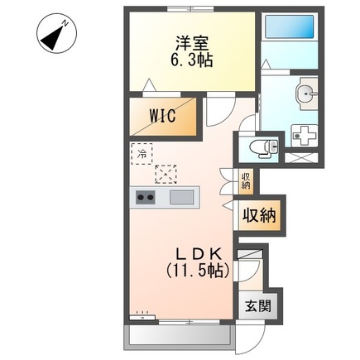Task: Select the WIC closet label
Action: point(161,117)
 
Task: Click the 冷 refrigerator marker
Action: point(142,153)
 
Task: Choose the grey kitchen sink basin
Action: point(182,198)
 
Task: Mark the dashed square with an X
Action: point(166,174)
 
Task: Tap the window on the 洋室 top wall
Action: point(191,8)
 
